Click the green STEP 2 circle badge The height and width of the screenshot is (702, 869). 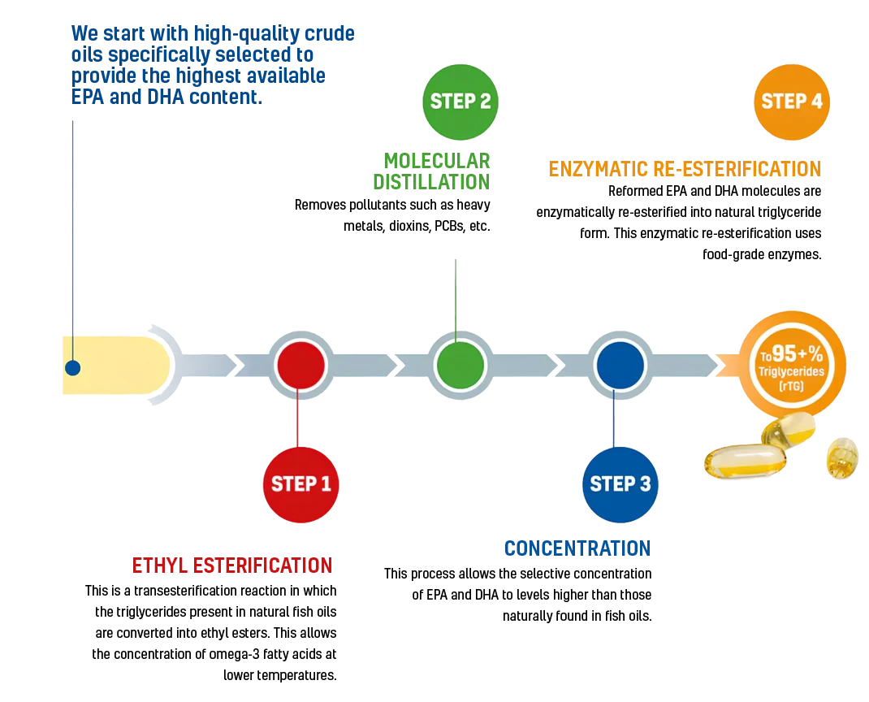click(x=460, y=102)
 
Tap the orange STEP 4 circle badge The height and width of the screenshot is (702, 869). click(x=791, y=102)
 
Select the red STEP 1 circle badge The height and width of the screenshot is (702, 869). click(x=301, y=484)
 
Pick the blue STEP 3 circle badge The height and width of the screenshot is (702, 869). click(x=620, y=484)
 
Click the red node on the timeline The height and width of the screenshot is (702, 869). click(x=301, y=366)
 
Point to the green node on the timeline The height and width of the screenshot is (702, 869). click(x=460, y=366)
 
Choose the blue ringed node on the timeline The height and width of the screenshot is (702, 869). click(x=620, y=366)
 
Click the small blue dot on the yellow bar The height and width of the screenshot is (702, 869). click(x=72, y=367)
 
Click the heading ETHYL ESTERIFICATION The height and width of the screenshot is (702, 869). click(x=232, y=565)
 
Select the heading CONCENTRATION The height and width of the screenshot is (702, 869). click(x=577, y=548)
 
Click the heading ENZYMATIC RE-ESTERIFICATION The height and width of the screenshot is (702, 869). click(x=685, y=168)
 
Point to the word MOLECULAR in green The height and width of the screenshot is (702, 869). click(x=437, y=161)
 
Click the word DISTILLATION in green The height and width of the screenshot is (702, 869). click(x=431, y=182)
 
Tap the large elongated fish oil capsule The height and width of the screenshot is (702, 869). click(x=746, y=461)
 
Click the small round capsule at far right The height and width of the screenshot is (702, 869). click(x=842, y=457)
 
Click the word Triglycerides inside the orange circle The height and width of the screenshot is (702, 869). click(x=791, y=371)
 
